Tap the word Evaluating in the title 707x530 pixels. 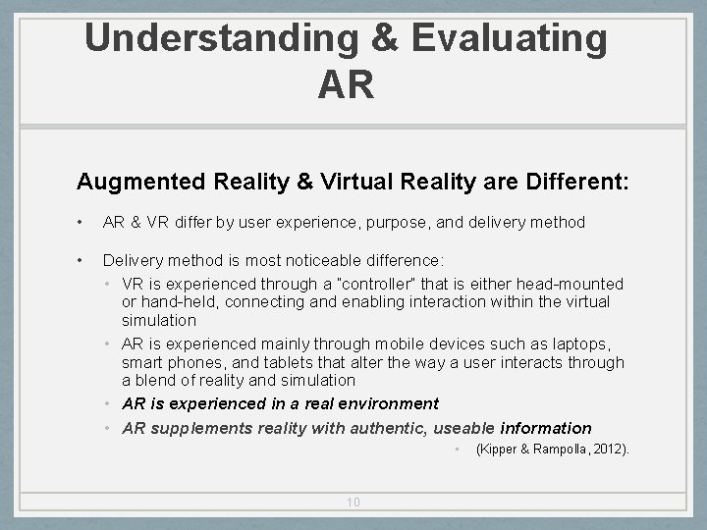[510, 38]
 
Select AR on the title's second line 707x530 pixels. [346, 84]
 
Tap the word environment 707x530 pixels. [388, 403]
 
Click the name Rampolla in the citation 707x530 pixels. [558, 450]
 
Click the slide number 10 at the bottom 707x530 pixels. [353, 503]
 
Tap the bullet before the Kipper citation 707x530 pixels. [458, 450]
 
